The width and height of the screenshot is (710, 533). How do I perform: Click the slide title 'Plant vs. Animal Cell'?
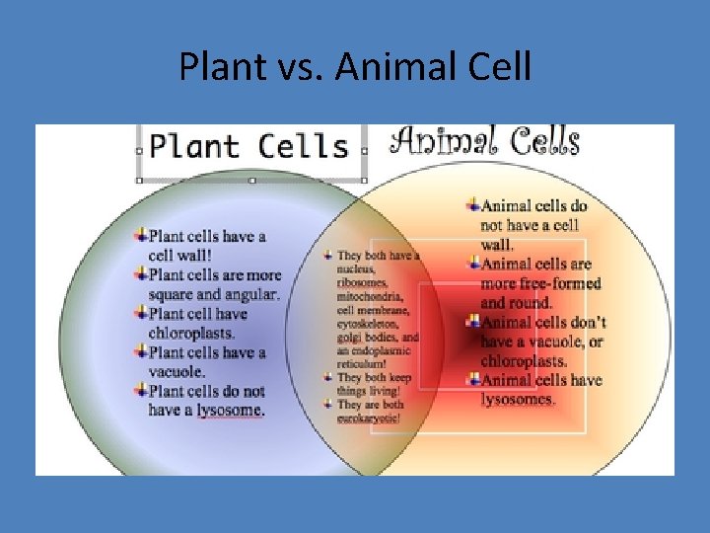coord(355,67)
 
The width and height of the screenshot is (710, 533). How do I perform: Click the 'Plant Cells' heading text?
coord(249,147)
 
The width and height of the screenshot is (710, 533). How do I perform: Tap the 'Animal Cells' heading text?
coord(484,141)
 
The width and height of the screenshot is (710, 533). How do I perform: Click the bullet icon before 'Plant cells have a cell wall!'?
coord(141,236)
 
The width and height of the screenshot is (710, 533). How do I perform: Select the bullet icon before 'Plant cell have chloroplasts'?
coord(141,313)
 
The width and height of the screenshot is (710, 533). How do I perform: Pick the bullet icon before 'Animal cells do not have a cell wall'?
coord(474,205)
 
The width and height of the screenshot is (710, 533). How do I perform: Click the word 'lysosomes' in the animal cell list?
coord(518,400)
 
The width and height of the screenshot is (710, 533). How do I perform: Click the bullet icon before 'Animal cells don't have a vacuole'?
coord(474,322)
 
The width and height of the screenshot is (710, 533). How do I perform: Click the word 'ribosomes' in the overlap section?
coord(362,283)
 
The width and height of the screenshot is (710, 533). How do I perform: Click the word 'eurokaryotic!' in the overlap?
coord(369,418)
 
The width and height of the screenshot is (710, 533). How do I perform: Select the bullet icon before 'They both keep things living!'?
coord(328,377)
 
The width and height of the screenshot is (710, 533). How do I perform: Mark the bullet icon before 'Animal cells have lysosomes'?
coord(474,380)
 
